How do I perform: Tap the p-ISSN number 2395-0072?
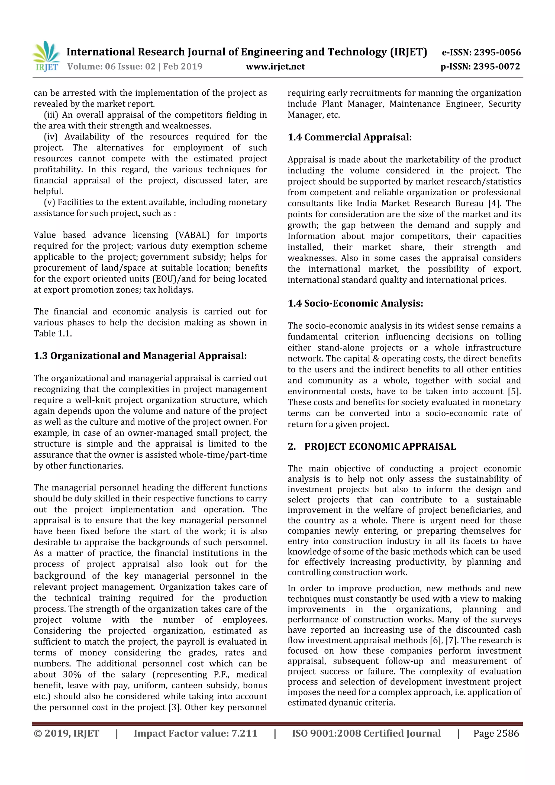[x=496, y=66]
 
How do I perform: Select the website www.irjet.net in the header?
[x=275, y=66]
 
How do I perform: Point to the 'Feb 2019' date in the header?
[x=183, y=66]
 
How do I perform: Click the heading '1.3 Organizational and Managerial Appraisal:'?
[x=140, y=356]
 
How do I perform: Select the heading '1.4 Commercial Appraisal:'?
[x=350, y=137]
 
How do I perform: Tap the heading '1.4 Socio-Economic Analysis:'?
[x=355, y=303]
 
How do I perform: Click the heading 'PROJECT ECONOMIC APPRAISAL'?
[x=380, y=447]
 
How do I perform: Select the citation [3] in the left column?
[x=174, y=708]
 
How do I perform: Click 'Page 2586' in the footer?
[x=496, y=733]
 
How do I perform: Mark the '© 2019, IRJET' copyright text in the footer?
[x=66, y=733]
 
